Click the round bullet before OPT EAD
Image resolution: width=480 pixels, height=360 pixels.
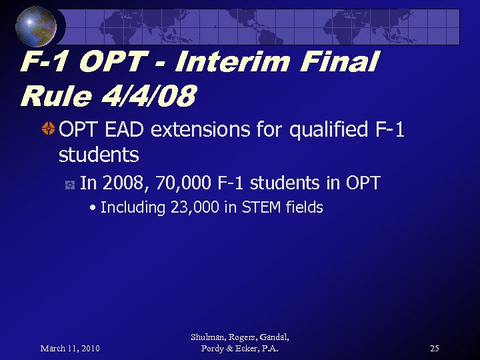point(48,129)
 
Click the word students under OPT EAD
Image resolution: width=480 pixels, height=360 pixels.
point(99,155)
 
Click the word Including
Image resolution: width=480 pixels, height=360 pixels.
point(133,208)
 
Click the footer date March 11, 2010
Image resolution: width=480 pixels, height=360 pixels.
point(70,349)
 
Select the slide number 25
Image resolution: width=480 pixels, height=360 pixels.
point(434,349)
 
